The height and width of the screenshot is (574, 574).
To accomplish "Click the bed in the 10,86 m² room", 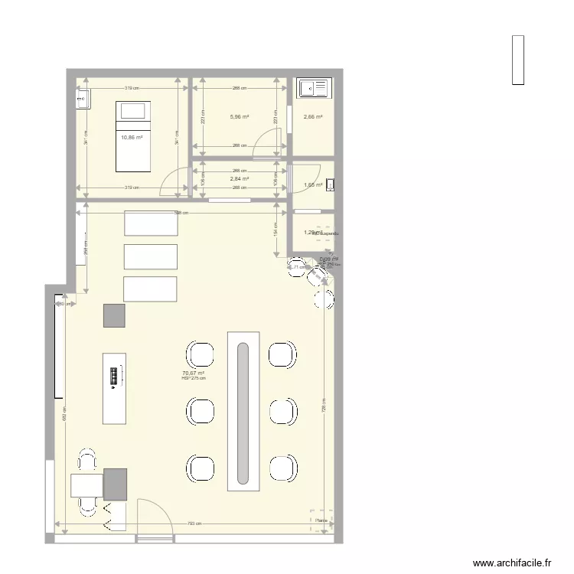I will click(132, 135).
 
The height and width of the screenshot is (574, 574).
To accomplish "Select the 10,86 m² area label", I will click(132, 138).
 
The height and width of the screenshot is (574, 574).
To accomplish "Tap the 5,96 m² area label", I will click(240, 117).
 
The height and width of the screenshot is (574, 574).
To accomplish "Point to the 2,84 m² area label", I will click(240, 178).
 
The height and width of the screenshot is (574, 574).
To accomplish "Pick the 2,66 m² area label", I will click(313, 117).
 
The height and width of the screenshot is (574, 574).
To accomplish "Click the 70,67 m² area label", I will click(194, 373).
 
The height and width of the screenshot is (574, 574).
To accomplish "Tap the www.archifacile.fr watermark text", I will click(513, 563).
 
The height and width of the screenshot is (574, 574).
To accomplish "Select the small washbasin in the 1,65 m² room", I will click(330, 184).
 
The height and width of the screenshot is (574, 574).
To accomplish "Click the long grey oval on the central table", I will click(243, 413).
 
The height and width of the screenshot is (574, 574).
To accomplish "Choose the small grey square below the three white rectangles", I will click(115, 315).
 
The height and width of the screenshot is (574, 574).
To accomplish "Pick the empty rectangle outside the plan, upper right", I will click(518, 60).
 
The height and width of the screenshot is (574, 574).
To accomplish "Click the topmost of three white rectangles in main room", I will click(151, 223).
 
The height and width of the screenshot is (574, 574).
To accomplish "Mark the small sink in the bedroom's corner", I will click(83, 98).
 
